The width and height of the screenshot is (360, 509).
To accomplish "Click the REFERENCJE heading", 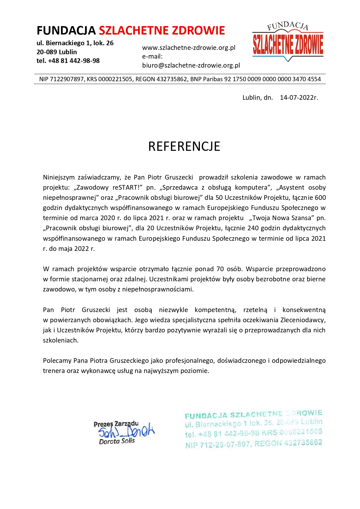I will coord(184,146).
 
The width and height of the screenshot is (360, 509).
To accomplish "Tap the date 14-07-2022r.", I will coord(299,97).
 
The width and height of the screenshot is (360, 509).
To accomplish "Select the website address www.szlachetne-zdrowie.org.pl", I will coord(189,48).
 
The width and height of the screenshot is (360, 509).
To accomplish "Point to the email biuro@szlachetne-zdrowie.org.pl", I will coord(191,66).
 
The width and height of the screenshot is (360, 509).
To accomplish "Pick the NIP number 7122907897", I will coord(66,79).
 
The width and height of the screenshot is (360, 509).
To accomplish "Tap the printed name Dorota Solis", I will coord(117,441).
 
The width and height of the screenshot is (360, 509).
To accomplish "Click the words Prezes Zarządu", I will coord(116,424).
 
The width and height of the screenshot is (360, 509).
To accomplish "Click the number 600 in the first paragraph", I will coord(320,198).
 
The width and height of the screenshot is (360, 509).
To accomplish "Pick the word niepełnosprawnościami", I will coord(158,289).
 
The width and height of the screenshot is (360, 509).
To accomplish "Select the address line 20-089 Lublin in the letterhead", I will coord(57,52).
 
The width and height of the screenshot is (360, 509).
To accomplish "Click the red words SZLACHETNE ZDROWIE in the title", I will coord(162,30).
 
